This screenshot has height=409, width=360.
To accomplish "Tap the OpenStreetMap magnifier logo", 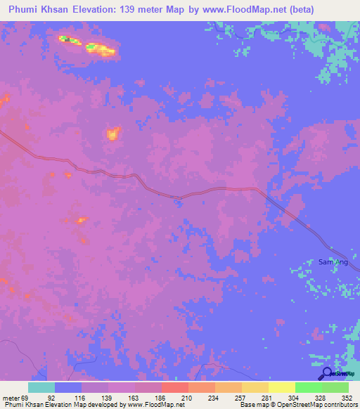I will [x=327, y=374].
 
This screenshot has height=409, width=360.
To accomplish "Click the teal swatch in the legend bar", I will [x=41, y=387].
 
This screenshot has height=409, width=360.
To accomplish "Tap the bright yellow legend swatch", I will [x=281, y=387].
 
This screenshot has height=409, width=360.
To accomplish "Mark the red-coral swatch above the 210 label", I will [x=174, y=387].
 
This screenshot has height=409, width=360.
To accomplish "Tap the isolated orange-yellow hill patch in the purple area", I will [x=112, y=133].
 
